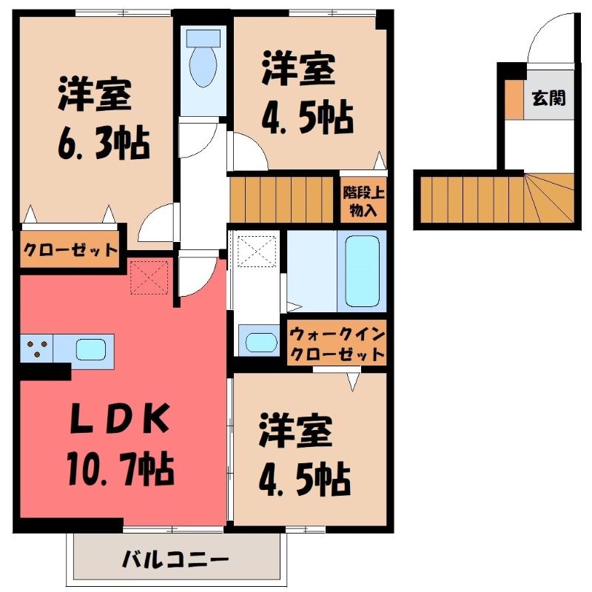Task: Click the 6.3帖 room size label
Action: tap(104, 144)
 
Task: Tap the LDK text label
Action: tap(120, 419)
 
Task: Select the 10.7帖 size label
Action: tap(121, 470)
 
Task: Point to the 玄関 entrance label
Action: tap(549, 98)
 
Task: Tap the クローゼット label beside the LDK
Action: tap(70, 250)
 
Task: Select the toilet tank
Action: tap(203, 38)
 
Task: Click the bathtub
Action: tap(363, 271)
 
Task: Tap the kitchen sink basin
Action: tap(90, 349)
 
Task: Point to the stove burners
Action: tap(37, 349)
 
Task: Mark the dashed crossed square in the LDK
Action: tap(149, 277)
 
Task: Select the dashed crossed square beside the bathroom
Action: tap(257, 251)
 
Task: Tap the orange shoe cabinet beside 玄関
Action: tap(515, 100)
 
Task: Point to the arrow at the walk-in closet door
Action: tap(353, 381)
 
